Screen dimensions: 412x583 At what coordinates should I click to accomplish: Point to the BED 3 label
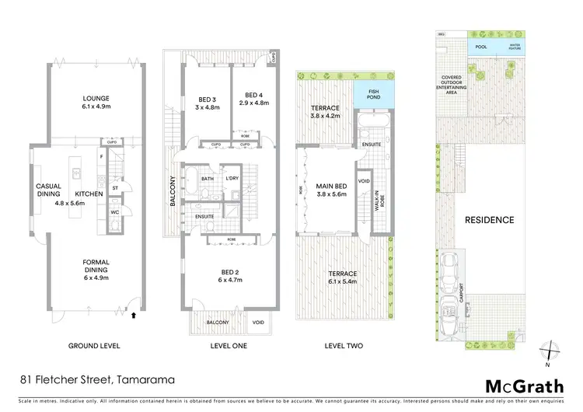(x=206, y=98)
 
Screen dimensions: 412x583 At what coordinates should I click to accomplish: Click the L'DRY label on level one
(x=231, y=179)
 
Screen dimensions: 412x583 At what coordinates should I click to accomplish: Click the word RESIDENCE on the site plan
(x=489, y=220)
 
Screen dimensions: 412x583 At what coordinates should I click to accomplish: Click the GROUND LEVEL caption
(x=94, y=345)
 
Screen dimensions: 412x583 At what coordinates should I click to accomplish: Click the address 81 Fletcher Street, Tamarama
(x=96, y=381)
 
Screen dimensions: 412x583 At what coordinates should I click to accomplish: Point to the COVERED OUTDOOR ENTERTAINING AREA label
(x=452, y=84)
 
